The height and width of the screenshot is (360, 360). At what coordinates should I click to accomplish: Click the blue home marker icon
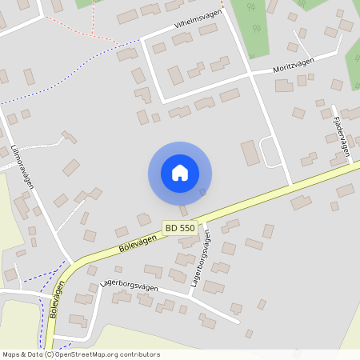[x=180, y=173]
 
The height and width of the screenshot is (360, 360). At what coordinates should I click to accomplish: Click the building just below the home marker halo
[x=184, y=210]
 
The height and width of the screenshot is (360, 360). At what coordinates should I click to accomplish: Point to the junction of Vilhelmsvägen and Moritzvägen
[x=250, y=74]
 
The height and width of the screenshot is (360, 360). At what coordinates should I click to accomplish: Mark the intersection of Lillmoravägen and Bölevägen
[x=71, y=263]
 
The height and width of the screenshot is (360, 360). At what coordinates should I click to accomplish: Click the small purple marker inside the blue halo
[x=202, y=192]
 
